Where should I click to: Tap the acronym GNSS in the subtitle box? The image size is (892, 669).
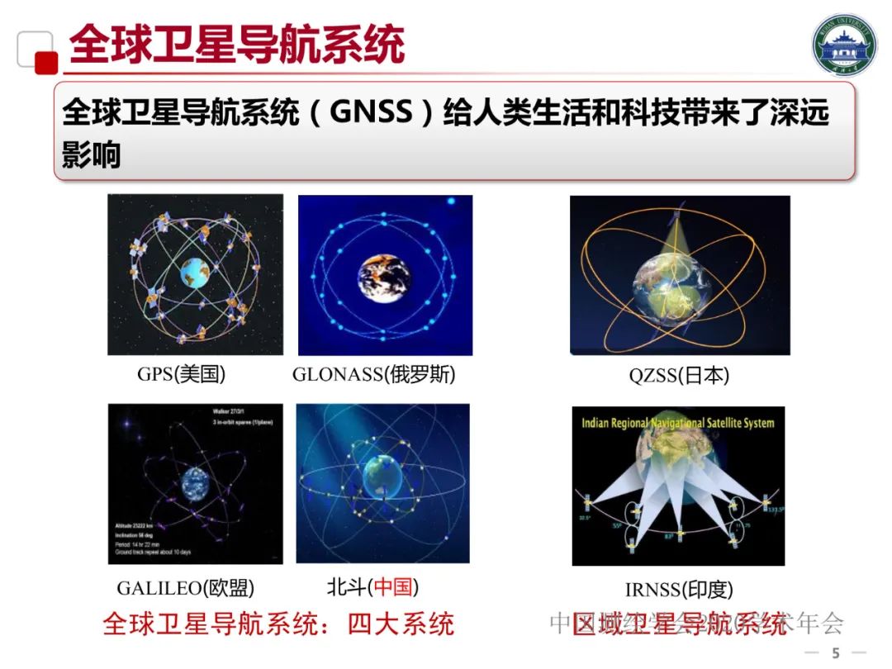coord(370,111)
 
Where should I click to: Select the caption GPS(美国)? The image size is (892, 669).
coord(181,374)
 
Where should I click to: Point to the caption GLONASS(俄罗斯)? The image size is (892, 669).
coord(374,374)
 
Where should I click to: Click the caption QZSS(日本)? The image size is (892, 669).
coord(679,376)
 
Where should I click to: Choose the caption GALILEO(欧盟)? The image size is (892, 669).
coord(185,588)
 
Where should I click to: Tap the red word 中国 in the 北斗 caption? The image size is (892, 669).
coord(392,587)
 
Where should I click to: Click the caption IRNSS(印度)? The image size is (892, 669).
coord(679,590)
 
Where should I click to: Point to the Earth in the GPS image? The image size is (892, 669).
coord(195,272)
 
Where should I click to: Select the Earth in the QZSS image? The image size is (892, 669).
coord(671,289)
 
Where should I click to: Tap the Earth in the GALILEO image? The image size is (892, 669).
coord(197,481)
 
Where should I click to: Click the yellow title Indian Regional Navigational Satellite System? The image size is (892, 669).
coord(678,423)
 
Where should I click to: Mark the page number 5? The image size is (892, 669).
coord(835,653)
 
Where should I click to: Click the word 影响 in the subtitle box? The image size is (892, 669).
coord(92,154)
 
